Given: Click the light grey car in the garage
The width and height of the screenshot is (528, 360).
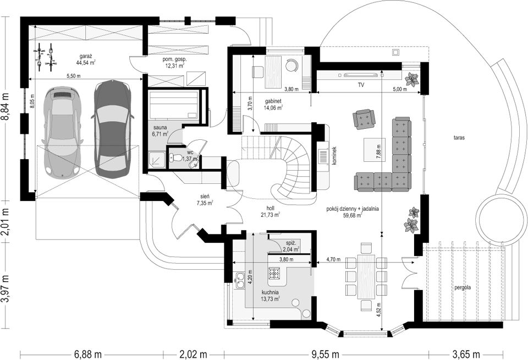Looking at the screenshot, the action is pyautogui.click(x=61, y=132).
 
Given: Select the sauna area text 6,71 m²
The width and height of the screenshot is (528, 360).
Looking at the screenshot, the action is pyautogui.click(x=161, y=134).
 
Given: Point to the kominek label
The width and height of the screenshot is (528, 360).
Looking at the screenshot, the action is pyautogui.click(x=334, y=155).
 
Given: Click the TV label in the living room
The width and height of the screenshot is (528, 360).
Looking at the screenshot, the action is pyautogui.click(x=361, y=85).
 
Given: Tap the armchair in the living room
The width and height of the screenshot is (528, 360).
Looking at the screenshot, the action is pyautogui.click(x=364, y=119).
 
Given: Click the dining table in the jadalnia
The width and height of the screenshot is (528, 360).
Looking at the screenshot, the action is pyautogui.click(x=366, y=277).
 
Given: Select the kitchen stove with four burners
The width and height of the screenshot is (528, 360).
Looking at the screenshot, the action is pyautogui.click(x=273, y=273).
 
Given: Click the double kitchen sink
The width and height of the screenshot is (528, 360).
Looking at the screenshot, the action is pyautogui.click(x=240, y=280).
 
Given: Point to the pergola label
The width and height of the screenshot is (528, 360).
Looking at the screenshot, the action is pyautogui.click(x=463, y=288).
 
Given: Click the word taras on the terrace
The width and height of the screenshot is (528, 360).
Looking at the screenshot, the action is pyautogui.click(x=459, y=138).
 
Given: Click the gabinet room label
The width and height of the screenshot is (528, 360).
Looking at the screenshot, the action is pyautogui.click(x=273, y=101).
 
